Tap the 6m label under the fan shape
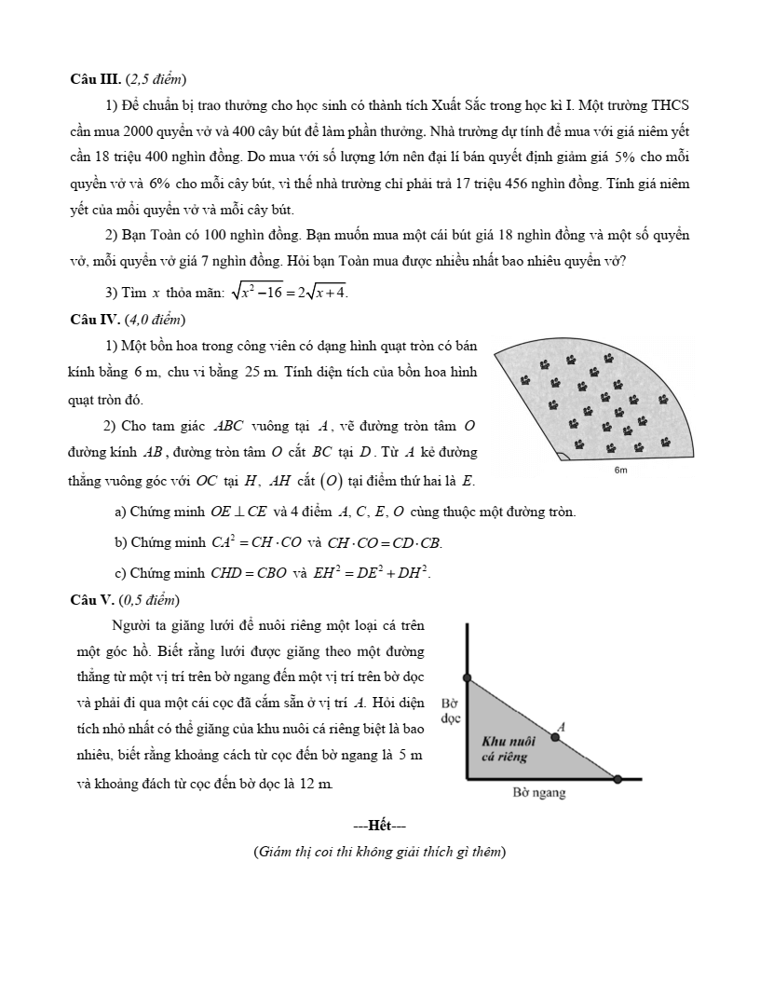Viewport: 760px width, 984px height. coord(621,471)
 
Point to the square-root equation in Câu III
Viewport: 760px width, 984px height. coord(290,293)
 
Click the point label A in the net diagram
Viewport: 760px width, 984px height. coord(560,724)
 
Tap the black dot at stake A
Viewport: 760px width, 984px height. coord(555,737)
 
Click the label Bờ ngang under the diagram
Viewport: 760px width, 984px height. coord(540,793)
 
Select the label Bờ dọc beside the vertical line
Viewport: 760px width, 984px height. coord(451,711)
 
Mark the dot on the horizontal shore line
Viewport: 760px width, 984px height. coord(617,778)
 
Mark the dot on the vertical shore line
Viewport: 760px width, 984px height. coord(467,678)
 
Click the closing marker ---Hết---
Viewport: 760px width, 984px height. coord(379,825)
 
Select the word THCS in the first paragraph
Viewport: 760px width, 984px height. coord(670,104)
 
